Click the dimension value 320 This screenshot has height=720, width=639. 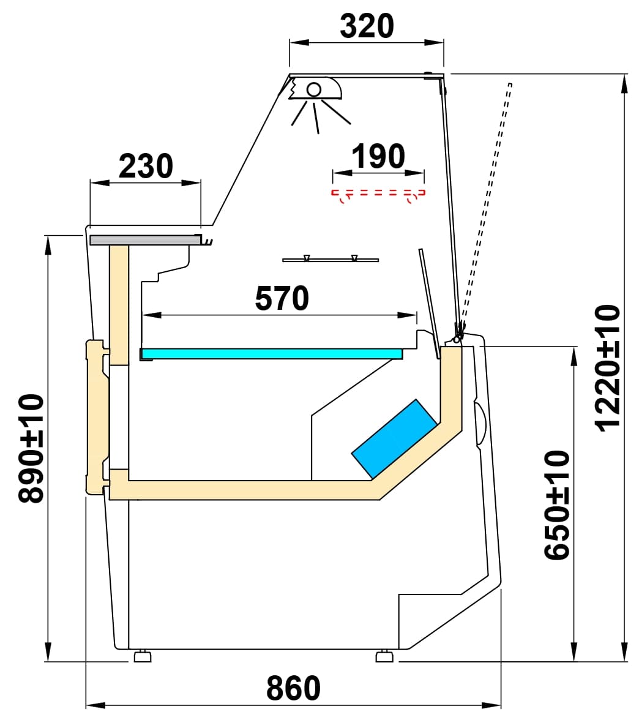click(x=366, y=26)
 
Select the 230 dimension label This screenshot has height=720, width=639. click(x=146, y=166)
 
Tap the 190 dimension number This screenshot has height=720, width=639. click(x=378, y=157)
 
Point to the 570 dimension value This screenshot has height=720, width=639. click(x=282, y=299)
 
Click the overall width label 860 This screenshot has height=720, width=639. click(x=293, y=689)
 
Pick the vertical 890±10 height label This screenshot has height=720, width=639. click(x=31, y=448)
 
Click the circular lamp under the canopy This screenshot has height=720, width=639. click(x=314, y=89)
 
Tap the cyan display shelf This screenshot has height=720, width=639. click(x=272, y=353)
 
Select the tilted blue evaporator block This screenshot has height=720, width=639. click(x=395, y=438)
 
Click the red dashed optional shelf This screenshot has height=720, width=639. click(x=378, y=193)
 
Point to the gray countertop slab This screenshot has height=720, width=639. click(x=145, y=240)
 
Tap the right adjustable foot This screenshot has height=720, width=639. click(x=384, y=656)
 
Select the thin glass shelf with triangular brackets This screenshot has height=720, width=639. click(x=331, y=260)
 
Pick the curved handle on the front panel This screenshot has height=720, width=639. click(x=480, y=423)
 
